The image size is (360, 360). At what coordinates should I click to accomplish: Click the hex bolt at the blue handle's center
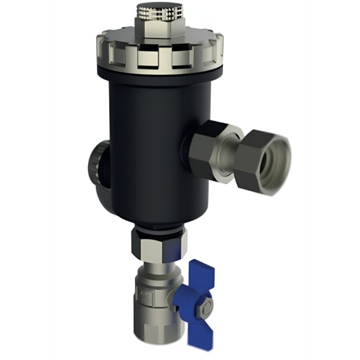point(201,299)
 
